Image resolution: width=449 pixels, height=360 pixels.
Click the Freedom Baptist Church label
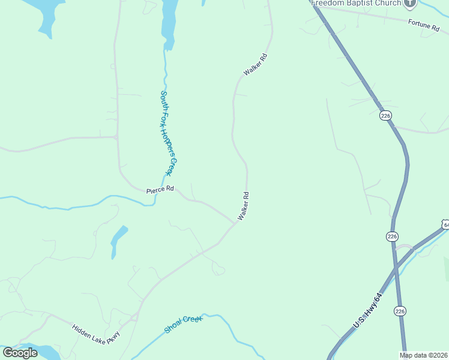pos(356,3)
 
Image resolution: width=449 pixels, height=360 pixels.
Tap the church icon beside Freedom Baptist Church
pos(411,3)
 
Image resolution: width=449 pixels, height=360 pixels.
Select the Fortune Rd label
pos(424,25)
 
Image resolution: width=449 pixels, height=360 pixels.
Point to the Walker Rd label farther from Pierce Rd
pos(255,65)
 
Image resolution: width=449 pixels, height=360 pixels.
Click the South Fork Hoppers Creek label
pos(166,133)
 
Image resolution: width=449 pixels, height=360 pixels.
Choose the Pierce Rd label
pos(160,190)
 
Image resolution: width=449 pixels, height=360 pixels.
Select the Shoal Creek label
pos(183,325)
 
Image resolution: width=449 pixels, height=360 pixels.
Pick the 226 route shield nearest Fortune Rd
pos(385,115)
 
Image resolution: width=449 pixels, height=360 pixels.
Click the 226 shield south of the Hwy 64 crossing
pos(400,310)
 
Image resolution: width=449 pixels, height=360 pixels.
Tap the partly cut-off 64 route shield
pos(445,224)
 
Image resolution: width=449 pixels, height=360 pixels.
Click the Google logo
pos(20,353)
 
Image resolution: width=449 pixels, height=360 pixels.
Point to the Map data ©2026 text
pos(424,355)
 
